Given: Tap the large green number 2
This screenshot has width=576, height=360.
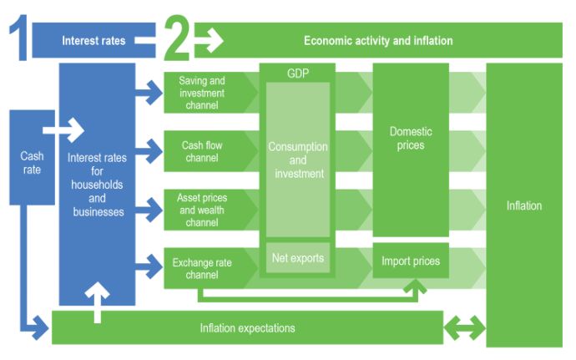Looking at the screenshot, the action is [176, 39].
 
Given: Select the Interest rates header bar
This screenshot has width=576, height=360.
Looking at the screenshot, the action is [93, 40].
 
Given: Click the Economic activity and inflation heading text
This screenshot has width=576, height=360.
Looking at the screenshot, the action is [378, 40].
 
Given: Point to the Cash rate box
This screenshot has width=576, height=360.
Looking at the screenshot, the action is [31, 162].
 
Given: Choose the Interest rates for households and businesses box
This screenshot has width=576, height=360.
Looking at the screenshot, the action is [97, 184].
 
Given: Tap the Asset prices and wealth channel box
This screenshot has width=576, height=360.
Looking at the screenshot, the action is [201, 209].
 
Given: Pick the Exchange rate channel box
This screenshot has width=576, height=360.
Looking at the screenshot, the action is [201, 268].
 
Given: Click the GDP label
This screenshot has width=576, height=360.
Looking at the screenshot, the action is [297, 74].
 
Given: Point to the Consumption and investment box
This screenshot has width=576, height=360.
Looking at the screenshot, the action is [298, 160].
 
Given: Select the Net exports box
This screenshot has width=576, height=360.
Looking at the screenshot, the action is [298, 258].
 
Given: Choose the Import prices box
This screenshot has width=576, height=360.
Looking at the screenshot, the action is [411, 261].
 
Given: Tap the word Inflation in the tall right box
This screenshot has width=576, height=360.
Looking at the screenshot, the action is [524, 205].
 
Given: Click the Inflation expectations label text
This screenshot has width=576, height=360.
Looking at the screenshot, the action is [247, 327].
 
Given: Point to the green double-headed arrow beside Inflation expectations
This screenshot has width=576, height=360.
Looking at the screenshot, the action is [464, 327].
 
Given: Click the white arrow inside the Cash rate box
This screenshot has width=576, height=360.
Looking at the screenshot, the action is [63, 130].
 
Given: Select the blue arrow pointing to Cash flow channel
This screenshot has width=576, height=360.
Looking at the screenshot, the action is [151, 151].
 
